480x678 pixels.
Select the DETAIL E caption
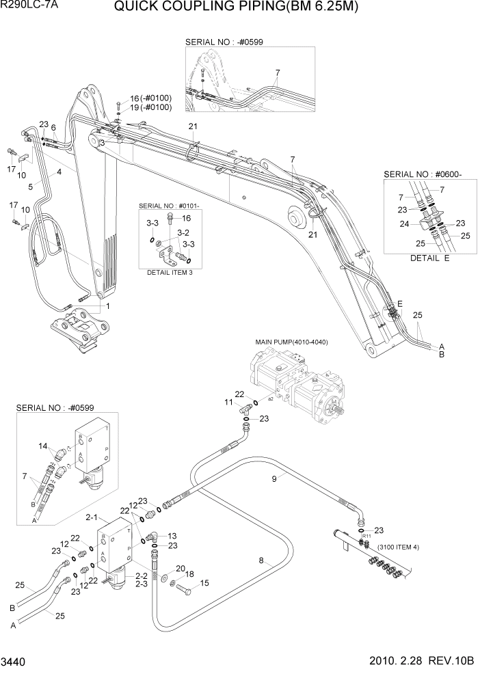coord(429,258)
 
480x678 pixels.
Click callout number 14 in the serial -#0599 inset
coord(43,446)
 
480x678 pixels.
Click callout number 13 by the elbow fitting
coord(172,535)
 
